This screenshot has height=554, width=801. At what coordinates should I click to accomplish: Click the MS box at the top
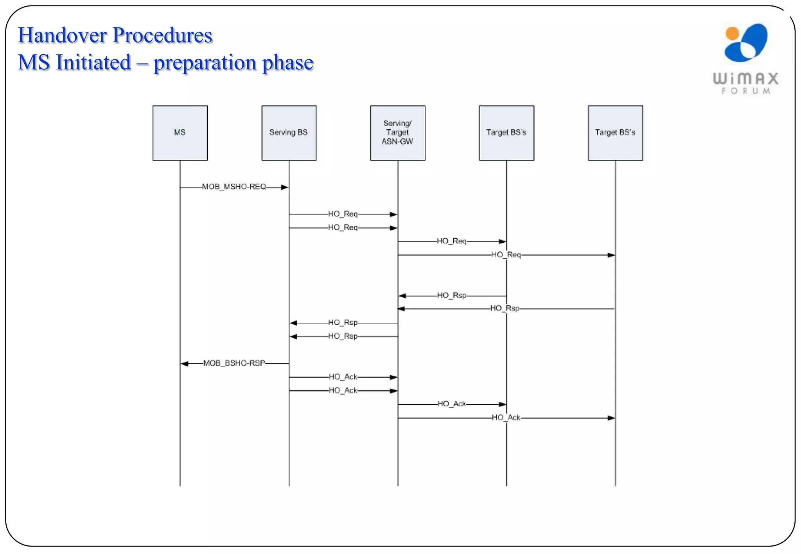tap(180, 133)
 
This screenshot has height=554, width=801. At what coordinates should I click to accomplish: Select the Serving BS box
tap(289, 133)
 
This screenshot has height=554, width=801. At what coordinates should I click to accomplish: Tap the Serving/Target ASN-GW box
tap(397, 133)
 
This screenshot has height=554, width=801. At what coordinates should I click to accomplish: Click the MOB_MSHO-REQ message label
tap(234, 187)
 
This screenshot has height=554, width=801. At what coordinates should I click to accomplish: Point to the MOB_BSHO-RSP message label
tap(234, 363)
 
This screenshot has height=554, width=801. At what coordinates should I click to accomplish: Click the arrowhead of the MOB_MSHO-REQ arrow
tap(285, 188)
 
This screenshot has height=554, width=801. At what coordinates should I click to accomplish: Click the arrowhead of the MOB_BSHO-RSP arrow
tap(185, 364)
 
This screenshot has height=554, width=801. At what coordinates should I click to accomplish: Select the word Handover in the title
tap(63, 35)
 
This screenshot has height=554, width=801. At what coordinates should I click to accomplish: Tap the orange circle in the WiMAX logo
tap(732, 34)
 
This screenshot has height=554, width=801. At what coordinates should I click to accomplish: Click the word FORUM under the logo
tap(746, 91)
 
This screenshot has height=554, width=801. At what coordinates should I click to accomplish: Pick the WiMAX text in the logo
tap(745, 79)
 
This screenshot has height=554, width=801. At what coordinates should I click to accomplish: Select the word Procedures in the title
tap(162, 35)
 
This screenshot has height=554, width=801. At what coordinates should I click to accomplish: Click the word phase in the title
tap(288, 63)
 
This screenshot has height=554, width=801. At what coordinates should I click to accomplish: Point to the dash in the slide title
tap(142, 63)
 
